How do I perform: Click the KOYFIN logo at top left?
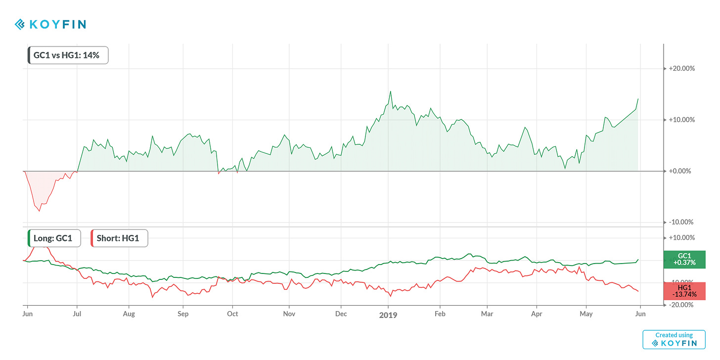click(50, 24)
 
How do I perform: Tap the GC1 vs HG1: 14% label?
click(68, 55)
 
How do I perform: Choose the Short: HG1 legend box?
click(119, 238)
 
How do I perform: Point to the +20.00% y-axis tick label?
click(681, 68)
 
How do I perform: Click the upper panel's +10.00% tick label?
click(681, 120)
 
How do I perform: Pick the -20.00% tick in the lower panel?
click(681, 305)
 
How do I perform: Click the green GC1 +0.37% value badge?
click(684, 259)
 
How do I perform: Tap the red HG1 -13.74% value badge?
click(684, 291)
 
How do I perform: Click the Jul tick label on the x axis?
click(77, 314)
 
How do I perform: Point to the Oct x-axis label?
click(232, 314)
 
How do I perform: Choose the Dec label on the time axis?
click(341, 314)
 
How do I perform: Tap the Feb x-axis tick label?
click(440, 314)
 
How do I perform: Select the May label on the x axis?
click(586, 314)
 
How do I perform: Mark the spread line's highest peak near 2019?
click(391, 91)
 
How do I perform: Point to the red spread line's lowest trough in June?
click(40, 211)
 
